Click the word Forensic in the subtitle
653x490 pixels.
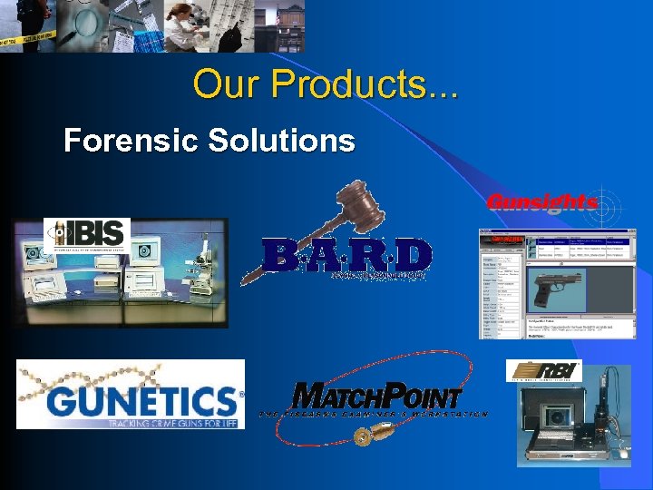(128, 141)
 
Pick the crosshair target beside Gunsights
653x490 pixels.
(607, 201)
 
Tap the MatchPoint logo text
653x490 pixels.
(377, 397)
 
